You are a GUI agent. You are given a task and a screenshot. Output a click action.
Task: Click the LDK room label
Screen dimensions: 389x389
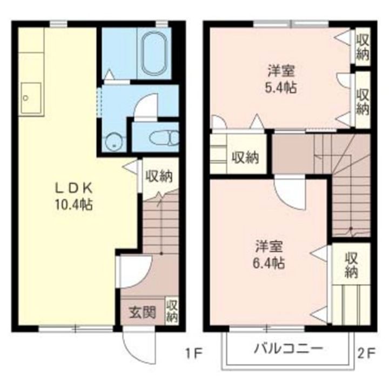point(75,189)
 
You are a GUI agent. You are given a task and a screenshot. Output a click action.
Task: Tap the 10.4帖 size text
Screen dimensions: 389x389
point(75,205)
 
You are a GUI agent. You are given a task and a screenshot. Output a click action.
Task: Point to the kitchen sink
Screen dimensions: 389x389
point(31,98)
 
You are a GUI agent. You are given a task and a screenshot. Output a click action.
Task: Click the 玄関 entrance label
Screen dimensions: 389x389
point(142,312)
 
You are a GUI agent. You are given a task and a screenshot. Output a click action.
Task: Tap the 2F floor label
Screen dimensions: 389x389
point(366,354)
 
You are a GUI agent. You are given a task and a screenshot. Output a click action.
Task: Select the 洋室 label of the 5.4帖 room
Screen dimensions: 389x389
point(280,71)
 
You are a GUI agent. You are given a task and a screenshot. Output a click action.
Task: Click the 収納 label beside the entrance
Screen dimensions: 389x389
point(172,312)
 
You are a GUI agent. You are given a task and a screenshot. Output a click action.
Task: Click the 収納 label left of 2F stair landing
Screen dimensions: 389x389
point(245,158)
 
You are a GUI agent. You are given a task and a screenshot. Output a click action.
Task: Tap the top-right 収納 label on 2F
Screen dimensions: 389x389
point(362,46)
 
